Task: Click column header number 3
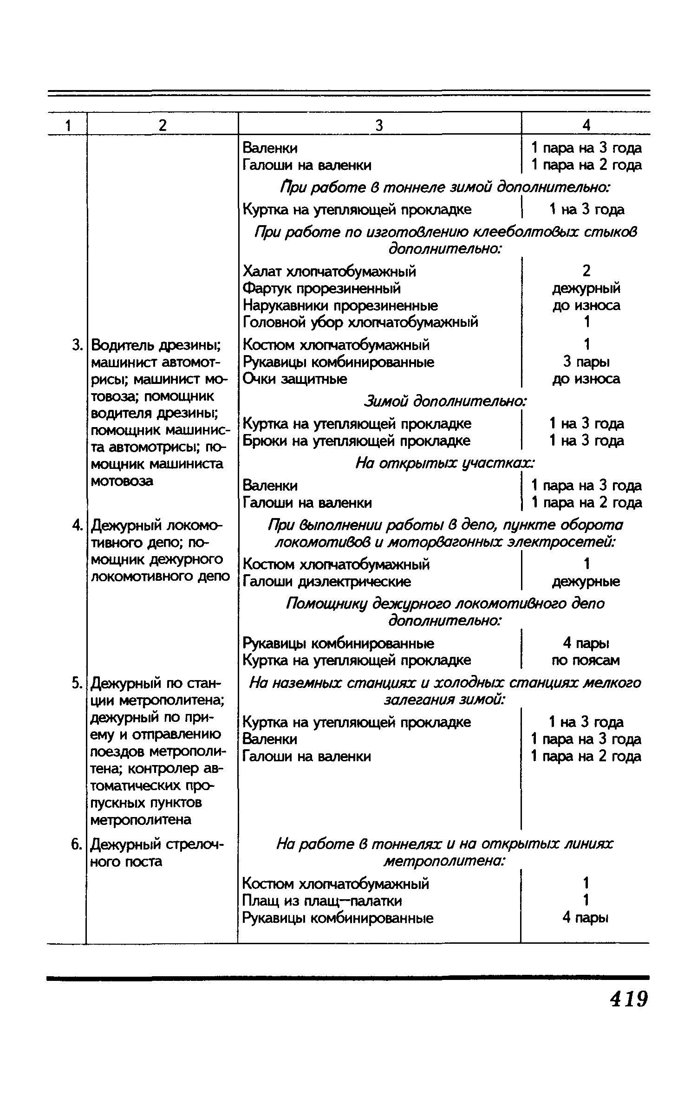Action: [379, 125]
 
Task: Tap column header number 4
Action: [586, 125]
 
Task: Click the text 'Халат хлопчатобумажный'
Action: [329, 271]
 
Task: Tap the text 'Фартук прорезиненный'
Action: [321, 288]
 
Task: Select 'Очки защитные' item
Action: [295, 379]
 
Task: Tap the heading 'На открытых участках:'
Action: [445, 463]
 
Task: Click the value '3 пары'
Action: [586, 362]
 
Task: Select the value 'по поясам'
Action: [585, 660]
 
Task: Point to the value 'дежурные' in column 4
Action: [586, 581]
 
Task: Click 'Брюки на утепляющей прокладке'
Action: [357, 441]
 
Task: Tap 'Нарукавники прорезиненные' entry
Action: [340, 305]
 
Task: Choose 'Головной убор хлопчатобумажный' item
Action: [360, 322]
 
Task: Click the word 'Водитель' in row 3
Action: [122, 345]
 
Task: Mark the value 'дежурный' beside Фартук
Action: [586, 288]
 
